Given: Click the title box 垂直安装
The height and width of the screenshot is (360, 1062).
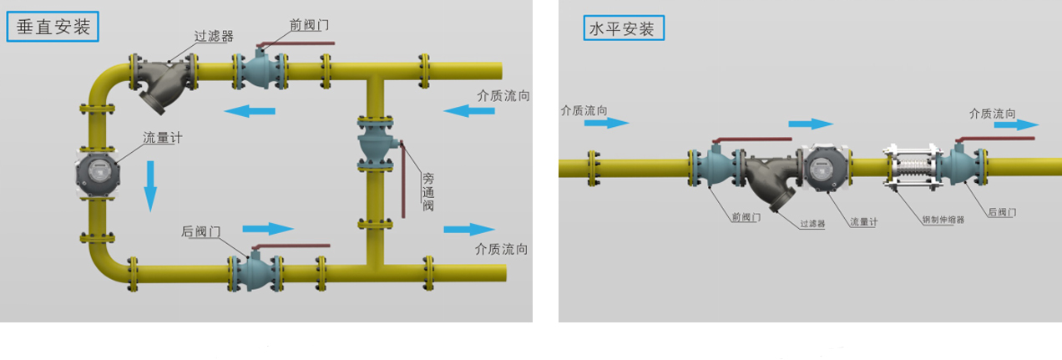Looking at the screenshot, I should click(x=53, y=27).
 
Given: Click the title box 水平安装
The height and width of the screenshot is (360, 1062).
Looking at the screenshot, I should click(x=624, y=29).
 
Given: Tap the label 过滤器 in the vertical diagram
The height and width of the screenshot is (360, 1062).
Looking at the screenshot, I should click(x=214, y=36).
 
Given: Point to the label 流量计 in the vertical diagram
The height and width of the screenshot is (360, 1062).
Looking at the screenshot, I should click(x=162, y=138).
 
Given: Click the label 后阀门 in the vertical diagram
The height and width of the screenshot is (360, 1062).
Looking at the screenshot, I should click(x=201, y=231).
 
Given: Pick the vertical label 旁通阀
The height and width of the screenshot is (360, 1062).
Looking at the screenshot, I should click(x=428, y=191).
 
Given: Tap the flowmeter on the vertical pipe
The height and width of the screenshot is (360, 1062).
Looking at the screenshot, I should click(x=99, y=171).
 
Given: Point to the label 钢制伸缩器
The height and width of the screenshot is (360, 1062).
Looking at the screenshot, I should click(x=943, y=221).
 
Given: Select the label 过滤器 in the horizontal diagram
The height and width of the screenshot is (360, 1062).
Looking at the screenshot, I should click(x=812, y=224).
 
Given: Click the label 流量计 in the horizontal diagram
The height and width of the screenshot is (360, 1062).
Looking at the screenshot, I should click(x=863, y=222).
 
